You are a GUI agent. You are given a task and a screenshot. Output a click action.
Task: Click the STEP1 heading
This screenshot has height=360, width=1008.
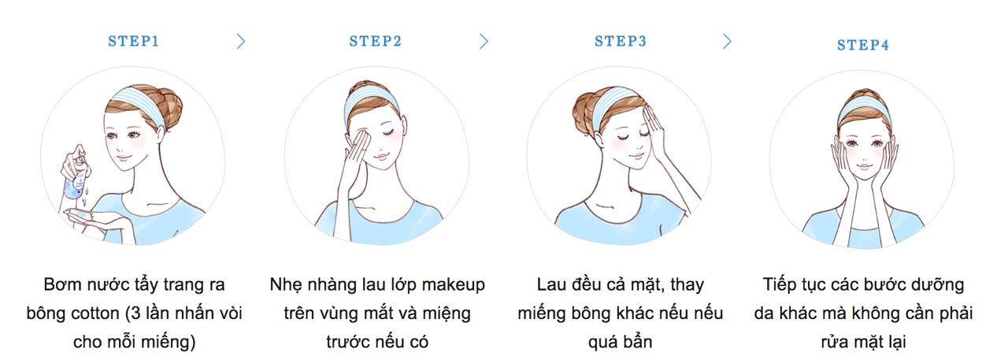pos(133,42)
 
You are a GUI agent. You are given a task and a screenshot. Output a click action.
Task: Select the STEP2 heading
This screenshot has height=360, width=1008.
pos(376,42)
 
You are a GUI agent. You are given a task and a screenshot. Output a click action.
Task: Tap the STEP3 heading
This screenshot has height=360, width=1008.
pos(620,42)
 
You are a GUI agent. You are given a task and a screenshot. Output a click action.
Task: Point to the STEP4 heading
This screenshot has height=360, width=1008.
pos(862,45)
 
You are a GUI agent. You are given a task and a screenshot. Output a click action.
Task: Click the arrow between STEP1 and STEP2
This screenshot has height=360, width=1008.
pos(242,42)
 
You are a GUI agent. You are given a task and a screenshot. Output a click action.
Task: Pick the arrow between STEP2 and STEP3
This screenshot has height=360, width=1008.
pos(484,42)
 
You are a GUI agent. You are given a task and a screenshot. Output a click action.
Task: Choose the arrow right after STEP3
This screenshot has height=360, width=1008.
pos(727,42)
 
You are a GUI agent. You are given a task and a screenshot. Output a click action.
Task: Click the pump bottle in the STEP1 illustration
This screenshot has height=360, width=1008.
pos(77,176)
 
